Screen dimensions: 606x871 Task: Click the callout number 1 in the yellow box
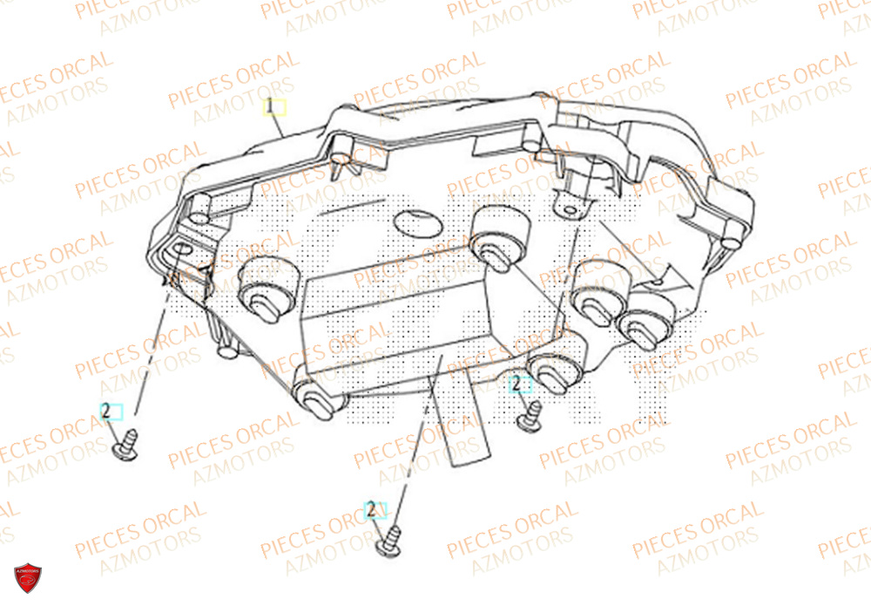(x=274, y=108)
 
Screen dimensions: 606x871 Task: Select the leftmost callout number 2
(x=111, y=411)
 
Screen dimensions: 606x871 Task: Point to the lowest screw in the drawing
(x=388, y=541)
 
